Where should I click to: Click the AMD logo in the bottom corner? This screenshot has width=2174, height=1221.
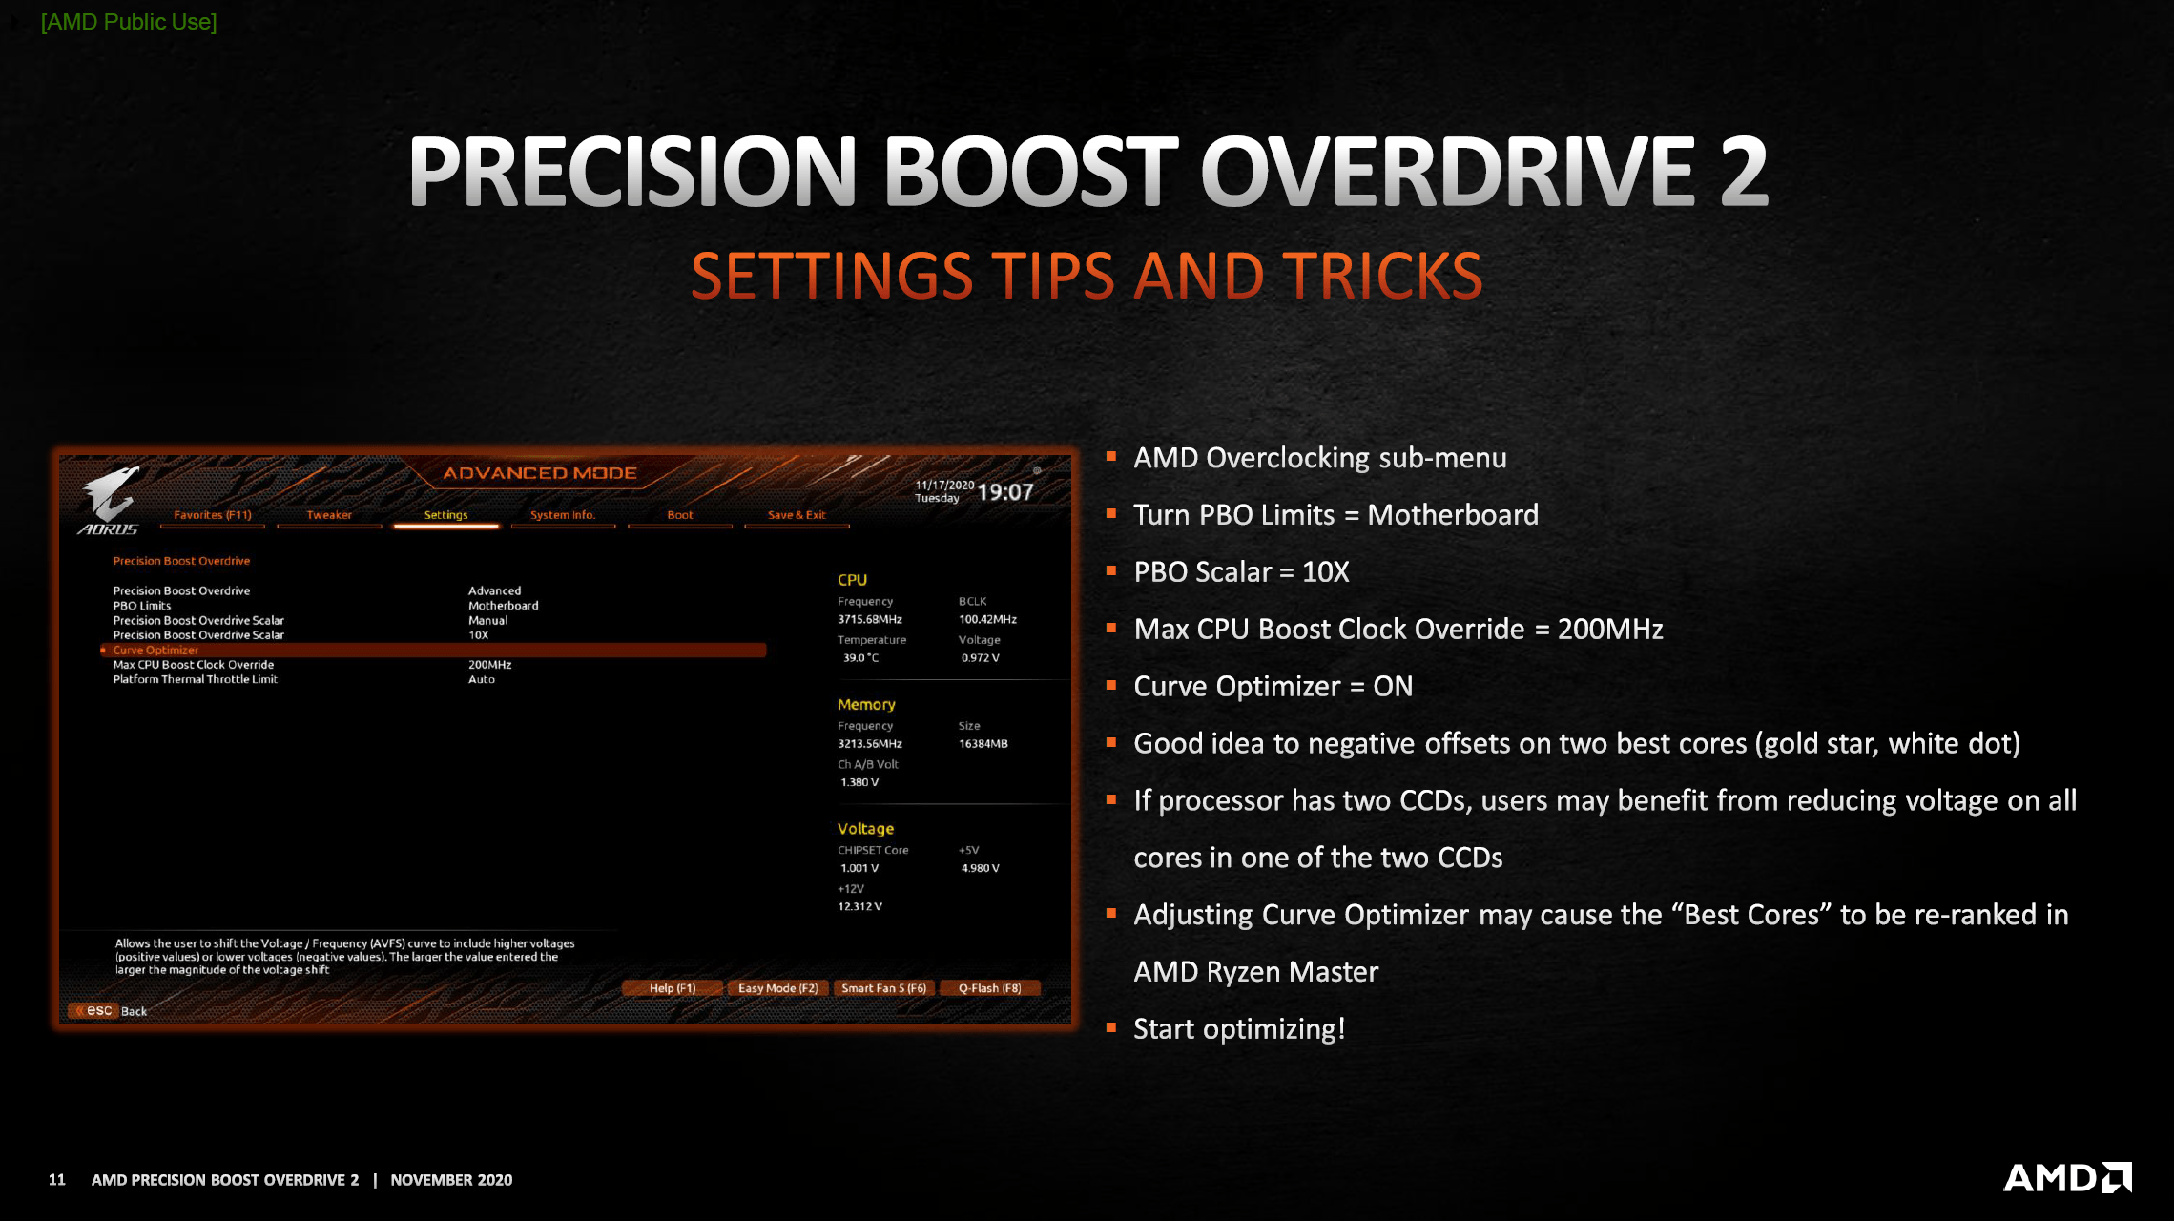coord(2067,1178)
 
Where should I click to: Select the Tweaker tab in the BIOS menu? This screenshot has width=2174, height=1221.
coord(329,515)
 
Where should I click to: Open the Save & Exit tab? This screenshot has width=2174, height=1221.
coord(797,515)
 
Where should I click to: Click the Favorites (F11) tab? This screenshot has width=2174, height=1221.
coord(213,515)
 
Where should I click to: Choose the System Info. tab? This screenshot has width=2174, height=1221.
coord(563,515)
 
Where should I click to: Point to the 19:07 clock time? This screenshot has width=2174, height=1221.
coord(1005,492)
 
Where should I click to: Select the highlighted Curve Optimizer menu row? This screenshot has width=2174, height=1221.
coord(434,651)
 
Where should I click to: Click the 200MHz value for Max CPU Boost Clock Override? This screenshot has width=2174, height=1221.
coord(489,665)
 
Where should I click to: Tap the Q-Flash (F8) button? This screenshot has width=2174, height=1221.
coord(989,988)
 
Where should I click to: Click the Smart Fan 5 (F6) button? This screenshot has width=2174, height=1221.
coord(883,988)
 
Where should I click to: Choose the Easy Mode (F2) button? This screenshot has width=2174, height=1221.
coord(777,988)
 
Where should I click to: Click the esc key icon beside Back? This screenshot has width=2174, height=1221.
coord(94,1011)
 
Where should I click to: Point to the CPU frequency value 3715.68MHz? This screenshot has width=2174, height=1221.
coord(870,620)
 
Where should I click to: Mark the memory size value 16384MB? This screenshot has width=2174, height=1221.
coord(983,744)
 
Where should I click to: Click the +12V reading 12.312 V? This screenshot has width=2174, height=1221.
coord(860,907)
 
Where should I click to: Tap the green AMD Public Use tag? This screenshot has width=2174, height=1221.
coord(129,22)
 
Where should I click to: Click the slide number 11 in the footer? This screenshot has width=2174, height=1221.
coord(57,1180)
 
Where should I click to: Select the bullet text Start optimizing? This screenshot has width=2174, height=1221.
coord(1239,1029)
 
